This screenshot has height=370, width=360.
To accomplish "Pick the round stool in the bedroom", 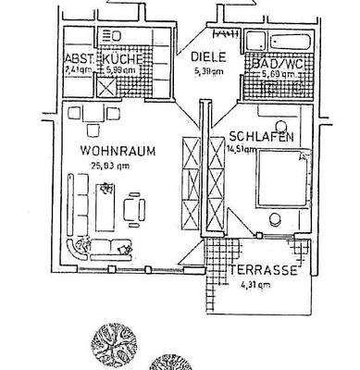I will [x=276, y=219].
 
